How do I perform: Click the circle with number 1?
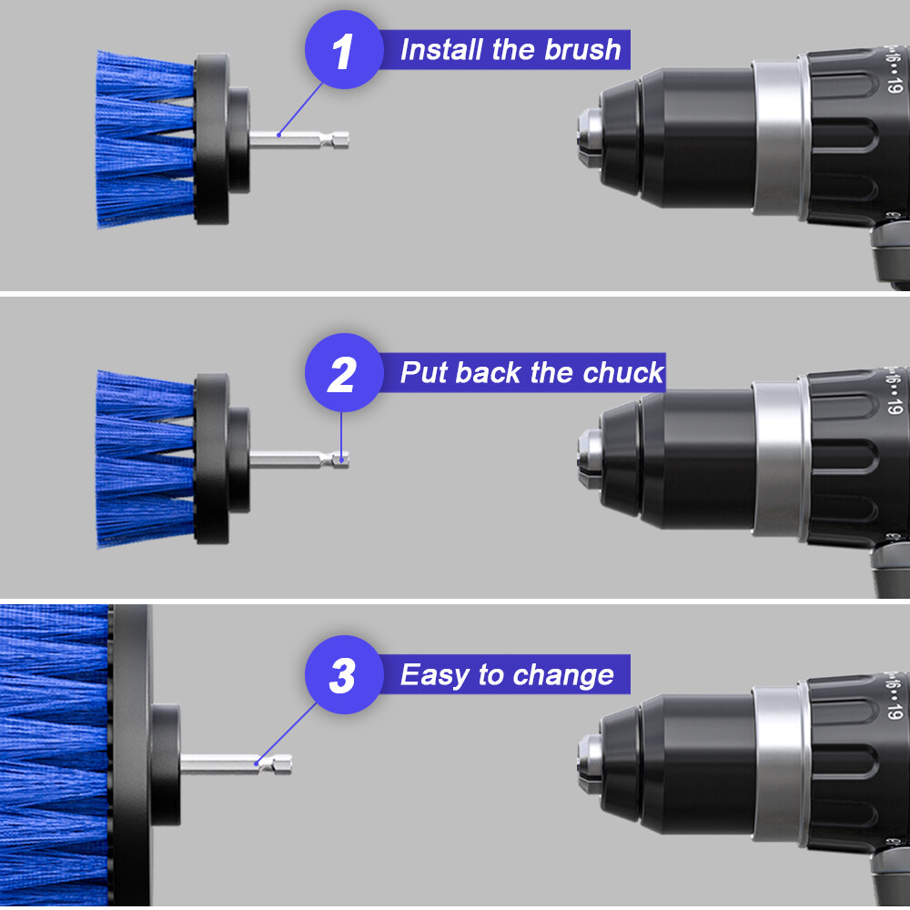click(x=341, y=52)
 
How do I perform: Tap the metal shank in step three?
click(x=237, y=763)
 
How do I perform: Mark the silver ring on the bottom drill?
click(x=778, y=753)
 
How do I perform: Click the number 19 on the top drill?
click(x=896, y=86)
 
